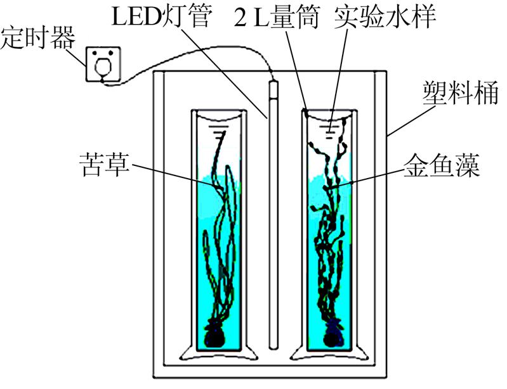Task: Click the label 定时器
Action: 37,38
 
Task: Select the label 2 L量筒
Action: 277,16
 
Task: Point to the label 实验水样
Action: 385,16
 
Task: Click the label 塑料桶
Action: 461,93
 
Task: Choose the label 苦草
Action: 105,165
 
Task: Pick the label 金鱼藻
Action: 442,165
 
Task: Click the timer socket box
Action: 103,64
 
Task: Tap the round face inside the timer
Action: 103,65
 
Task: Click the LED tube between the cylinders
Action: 273,215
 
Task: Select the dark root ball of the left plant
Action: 214,335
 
